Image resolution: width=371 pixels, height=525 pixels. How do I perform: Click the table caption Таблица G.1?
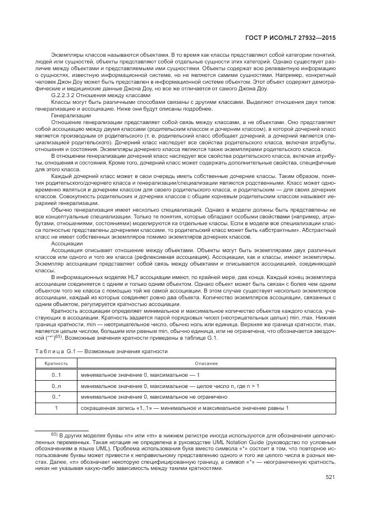tap(53, 351)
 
